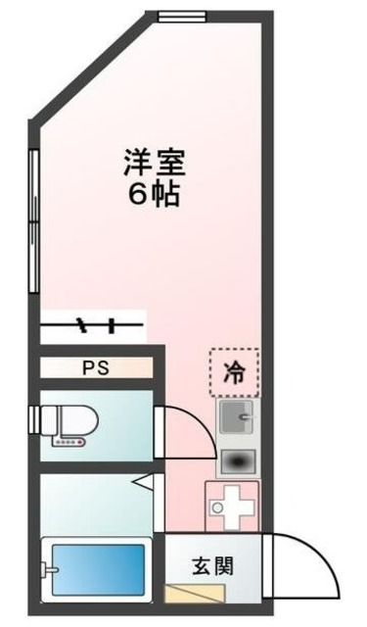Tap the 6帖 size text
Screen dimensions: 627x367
(x=155, y=193)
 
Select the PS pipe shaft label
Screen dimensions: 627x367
(x=95, y=368)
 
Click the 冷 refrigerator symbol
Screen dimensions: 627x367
(x=235, y=371)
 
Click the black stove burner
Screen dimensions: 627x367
(x=234, y=460)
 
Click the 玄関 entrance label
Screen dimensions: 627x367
(x=212, y=565)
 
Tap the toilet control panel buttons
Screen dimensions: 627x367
(x=67, y=442)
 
